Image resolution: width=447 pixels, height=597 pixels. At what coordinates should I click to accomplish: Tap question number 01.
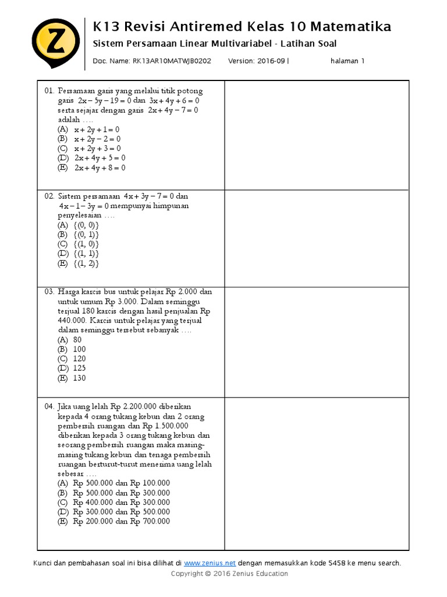(x=49, y=91)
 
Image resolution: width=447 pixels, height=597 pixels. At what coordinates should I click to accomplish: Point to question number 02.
(x=49, y=196)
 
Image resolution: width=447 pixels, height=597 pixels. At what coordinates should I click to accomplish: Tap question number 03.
(x=49, y=292)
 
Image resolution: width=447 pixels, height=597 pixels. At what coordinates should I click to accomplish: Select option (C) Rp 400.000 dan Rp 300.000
(x=113, y=502)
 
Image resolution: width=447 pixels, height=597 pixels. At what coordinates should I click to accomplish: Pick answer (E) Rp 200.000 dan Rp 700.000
(x=113, y=521)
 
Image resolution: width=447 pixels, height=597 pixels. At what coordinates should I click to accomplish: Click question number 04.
(x=49, y=406)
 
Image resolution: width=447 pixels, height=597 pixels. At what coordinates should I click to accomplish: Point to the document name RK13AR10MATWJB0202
(x=172, y=61)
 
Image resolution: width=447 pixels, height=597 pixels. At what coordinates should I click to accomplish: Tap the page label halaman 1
(x=347, y=61)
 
